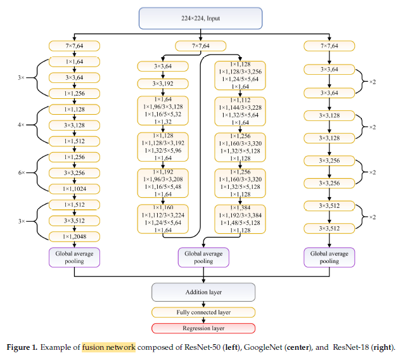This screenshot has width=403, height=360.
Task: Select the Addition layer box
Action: click(203, 292)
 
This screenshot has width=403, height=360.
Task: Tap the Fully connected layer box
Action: click(203, 312)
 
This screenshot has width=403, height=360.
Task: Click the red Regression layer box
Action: click(203, 328)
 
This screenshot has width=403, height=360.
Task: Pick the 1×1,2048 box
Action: click(75, 236)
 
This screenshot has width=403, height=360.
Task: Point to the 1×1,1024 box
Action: click(75, 188)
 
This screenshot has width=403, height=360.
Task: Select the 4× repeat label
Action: click(22, 125)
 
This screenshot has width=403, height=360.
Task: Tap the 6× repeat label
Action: click(22, 173)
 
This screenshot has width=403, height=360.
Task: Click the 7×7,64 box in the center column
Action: click(201, 46)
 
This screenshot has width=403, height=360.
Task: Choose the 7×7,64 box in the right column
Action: click(329, 45)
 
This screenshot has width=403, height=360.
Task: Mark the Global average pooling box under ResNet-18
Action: click(329, 257)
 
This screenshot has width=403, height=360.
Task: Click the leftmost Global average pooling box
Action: click(75, 257)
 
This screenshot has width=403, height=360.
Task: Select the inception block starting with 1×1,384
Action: click(240, 220)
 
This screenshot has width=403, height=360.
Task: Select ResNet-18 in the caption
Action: click(350, 347)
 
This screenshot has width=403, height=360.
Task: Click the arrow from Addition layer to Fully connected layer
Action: click(203, 304)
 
